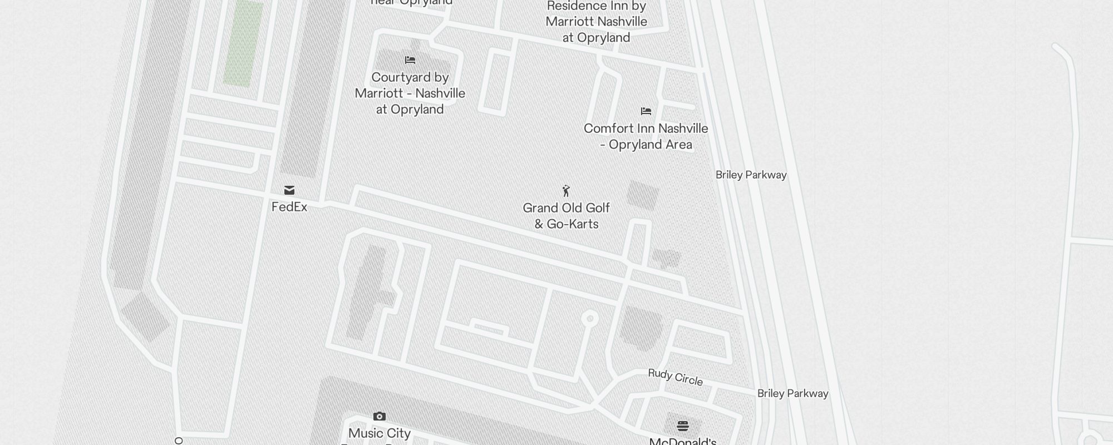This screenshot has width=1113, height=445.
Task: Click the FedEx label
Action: point(289,207)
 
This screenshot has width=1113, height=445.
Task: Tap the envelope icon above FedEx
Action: point(289,190)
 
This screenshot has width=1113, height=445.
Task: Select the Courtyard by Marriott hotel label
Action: point(410,93)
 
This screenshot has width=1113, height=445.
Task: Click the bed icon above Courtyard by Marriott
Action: point(410,60)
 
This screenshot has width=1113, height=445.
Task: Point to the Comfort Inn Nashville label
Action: point(646,136)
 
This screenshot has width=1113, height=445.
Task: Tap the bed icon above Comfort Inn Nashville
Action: point(646,111)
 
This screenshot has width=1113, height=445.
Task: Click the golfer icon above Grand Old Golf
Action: point(566,191)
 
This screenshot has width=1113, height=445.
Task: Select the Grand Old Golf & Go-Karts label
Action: point(567,216)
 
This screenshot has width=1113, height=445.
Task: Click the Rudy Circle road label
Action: point(675,377)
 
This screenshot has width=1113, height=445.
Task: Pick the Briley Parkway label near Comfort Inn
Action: point(751,175)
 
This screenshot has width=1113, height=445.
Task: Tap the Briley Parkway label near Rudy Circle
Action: point(792,393)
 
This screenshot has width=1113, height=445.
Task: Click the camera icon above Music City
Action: point(380,416)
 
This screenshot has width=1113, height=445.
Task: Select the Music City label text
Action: point(380,433)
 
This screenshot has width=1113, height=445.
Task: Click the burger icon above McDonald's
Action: point(683,426)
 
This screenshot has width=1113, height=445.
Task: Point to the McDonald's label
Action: point(683,441)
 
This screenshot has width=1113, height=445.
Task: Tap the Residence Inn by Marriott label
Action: point(596,22)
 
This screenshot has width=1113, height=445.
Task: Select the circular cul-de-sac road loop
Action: point(590,319)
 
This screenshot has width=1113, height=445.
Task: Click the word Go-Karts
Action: point(573,224)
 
